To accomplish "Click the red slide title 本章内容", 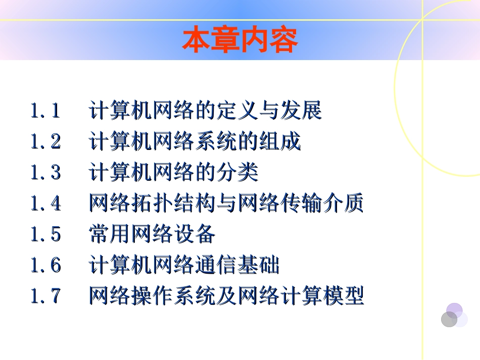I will click(240, 41).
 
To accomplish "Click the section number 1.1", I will click(46, 111).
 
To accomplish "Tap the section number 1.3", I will click(46, 173).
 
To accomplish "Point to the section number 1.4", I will click(46, 203).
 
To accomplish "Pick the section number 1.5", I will click(46, 234).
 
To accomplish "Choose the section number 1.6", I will click(46, 265).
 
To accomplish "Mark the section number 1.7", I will click(46, 296).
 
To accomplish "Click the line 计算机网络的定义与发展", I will click(205, 111).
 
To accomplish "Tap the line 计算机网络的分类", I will click(173, 173).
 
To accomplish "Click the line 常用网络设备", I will click(152, 234).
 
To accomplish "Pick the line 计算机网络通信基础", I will click(184, 265).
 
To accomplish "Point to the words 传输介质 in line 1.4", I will click(321, 203).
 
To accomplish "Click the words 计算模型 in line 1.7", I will click(321, 296).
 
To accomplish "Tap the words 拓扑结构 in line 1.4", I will click(173, 203).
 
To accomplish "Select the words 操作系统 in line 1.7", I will click(173, 296).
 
